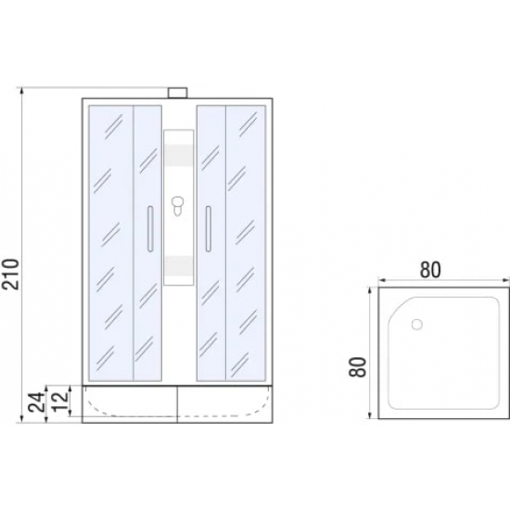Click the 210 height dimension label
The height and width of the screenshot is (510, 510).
(x=11, y=274)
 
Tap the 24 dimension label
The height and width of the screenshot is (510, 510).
(x=36, y=402)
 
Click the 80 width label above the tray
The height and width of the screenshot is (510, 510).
(x=430, y=270)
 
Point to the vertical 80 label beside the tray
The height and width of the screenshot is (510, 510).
(x=357, y=367)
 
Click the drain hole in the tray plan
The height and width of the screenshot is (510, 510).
(x=416, y=325)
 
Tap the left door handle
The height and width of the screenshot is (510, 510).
(x=150, y=228)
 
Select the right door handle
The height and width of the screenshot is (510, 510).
(x=208, y=228)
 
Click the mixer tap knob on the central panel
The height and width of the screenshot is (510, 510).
(x=178, y=205)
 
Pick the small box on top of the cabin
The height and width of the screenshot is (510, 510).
(x=178, y=93)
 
